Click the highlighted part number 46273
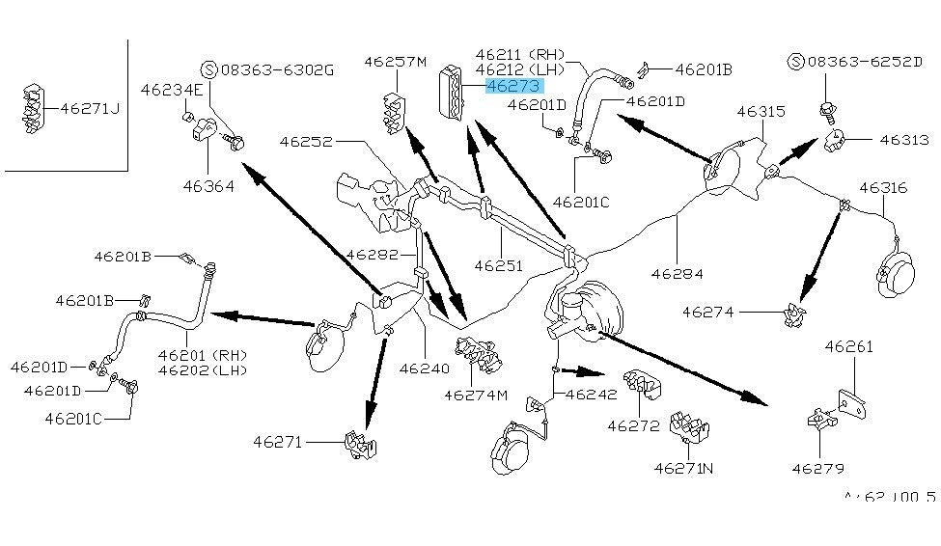(x=514, y=86)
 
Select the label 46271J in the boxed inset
(x=90, y=108)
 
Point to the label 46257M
(x=395, y=63)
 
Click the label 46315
(x=761, y=112)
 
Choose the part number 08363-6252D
(x=865, y=62)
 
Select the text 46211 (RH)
(x=524, y=53)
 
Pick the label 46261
(x=849, y=346)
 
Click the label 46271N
(x=683, y=468)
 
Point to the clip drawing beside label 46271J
(x=32, y=109)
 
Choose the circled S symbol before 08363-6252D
(x=796, y=62)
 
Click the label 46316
(x=883, y=187)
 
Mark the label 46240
(x=425, y=368)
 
